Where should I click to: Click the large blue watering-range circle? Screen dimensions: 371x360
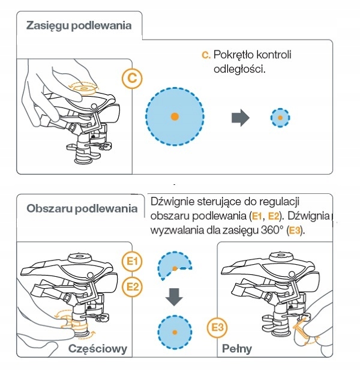click(174, 116)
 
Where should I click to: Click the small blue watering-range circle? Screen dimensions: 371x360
click(279, 117)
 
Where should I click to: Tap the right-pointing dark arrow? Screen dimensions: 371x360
click(241, 117)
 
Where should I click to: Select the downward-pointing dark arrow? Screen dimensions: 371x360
click(174, 297)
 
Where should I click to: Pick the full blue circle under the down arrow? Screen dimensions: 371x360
click(174, 331)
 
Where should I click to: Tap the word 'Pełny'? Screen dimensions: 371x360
click(236, 349)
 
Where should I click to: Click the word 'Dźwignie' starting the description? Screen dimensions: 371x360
click(172, 201)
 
